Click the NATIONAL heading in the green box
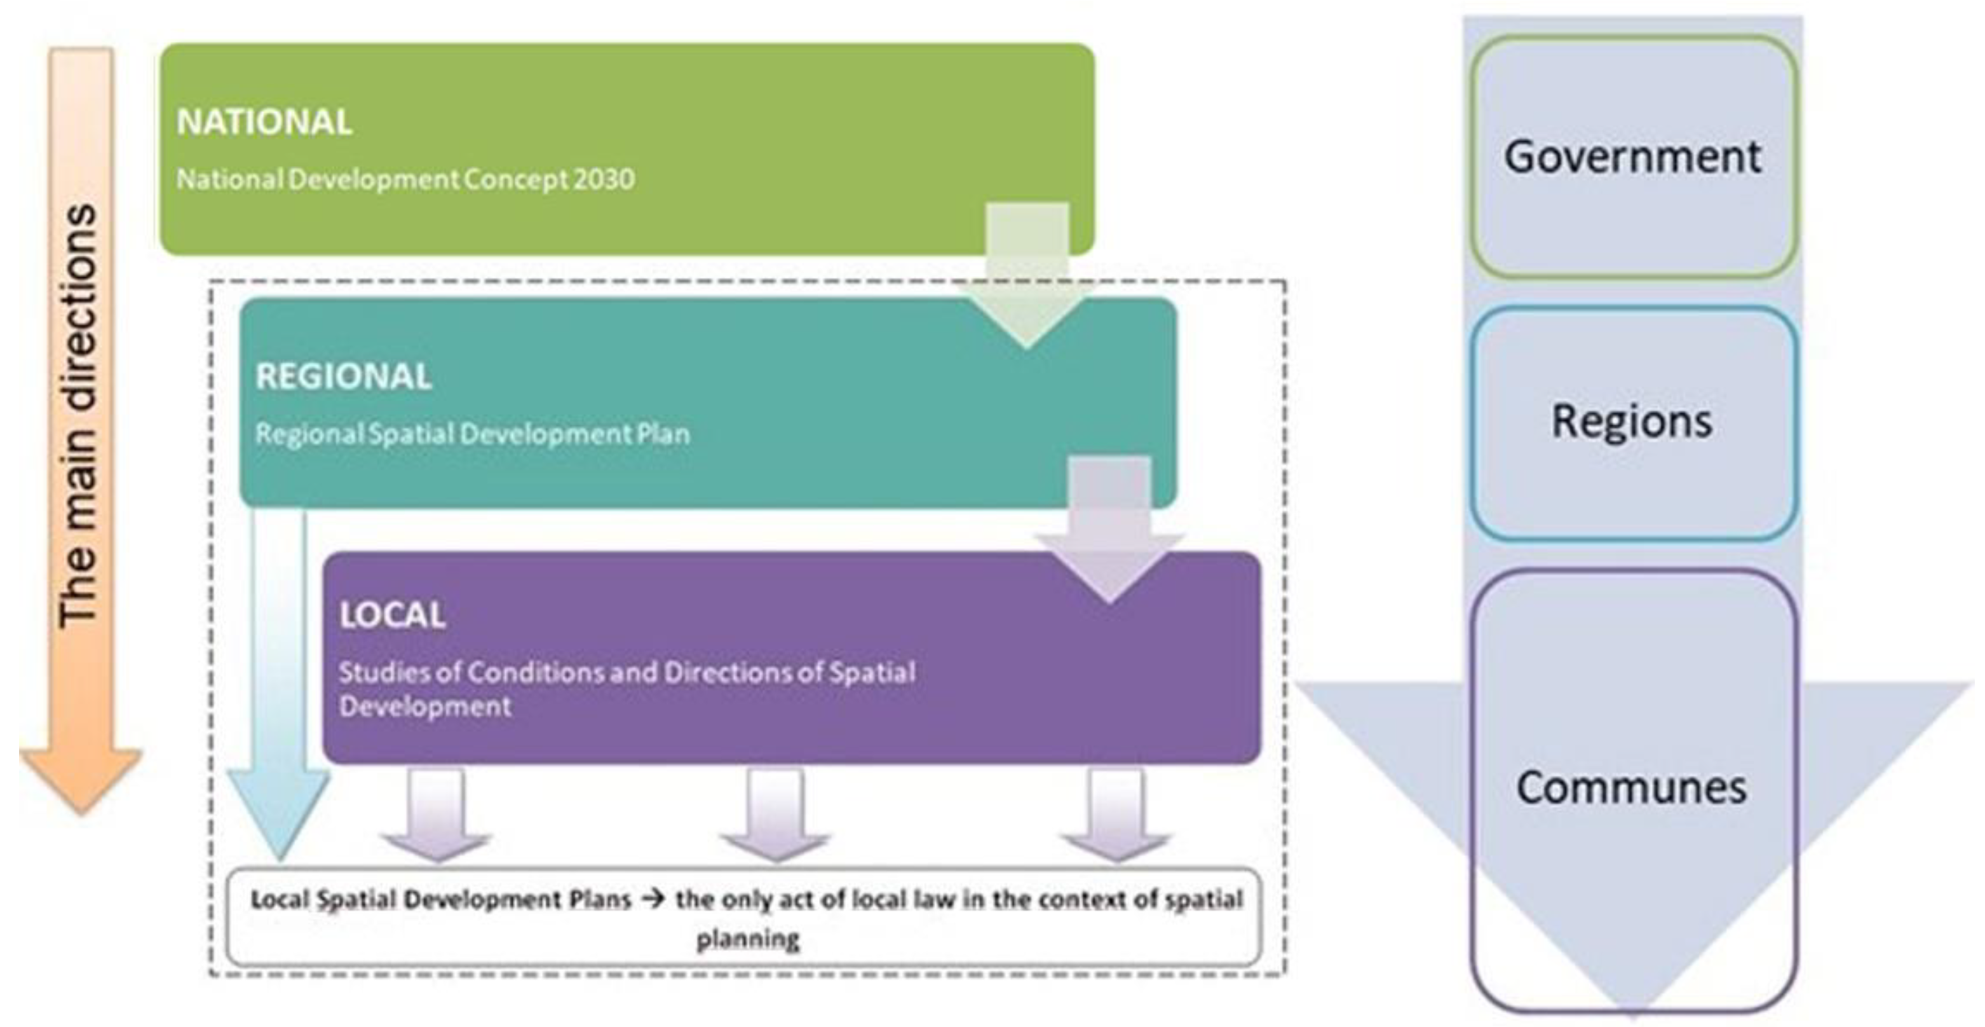[x=264, y=122]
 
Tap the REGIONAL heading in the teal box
[x=343, y=376]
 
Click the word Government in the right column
[x=1632, y=156]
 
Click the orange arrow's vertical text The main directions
[x=79, y=417]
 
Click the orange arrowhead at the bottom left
[x=81, y=775]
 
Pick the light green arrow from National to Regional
[x=1027, y=277]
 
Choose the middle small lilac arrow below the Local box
[x=775, y=817]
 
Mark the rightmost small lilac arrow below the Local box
[x=1116, y=817]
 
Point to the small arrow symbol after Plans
[x=653, y=899]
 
